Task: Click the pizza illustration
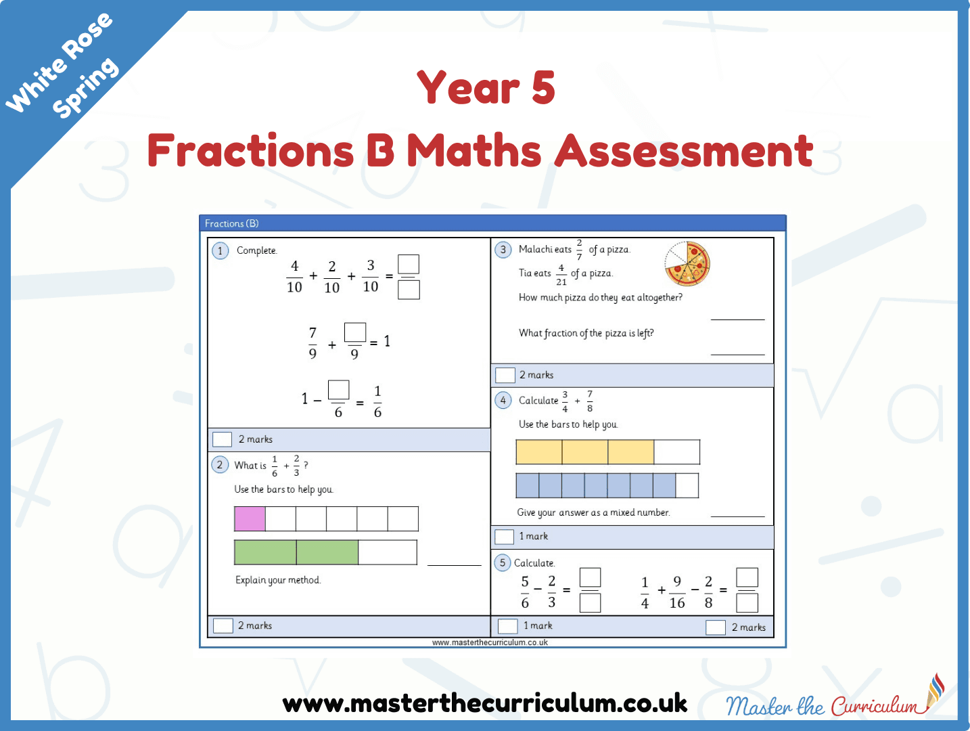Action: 687,263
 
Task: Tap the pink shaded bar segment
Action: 250,518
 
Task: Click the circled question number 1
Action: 220,250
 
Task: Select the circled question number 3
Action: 503,250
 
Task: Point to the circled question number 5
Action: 503,562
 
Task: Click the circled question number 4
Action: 503,400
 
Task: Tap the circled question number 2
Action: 220,465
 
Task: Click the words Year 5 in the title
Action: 486,87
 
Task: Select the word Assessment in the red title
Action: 684,150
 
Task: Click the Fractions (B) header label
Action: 231,223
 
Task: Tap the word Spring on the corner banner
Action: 85,88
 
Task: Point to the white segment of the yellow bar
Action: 676,452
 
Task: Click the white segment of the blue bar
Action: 687,485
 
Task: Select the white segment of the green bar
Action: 388,552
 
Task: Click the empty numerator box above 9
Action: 355,332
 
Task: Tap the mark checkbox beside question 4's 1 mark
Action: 504,537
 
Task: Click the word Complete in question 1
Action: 257,250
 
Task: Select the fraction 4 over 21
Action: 561,275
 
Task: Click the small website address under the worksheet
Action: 490,642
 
